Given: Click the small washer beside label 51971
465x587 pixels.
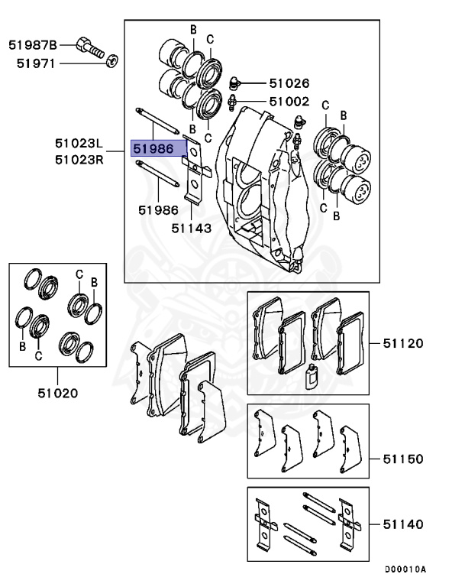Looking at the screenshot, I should point(113,61).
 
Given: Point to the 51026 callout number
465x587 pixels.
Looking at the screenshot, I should point(289,83).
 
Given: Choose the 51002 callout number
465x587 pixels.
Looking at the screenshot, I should point(289,101).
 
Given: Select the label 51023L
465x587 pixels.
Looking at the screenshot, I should point(79,144).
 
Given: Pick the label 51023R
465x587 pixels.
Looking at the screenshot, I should point(79,159).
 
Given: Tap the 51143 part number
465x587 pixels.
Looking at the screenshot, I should point(192,227).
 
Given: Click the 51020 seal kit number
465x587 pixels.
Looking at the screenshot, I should point(57,394).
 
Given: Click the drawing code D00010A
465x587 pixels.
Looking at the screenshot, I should point(405,569).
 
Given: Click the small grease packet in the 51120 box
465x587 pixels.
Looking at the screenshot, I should point(311,377).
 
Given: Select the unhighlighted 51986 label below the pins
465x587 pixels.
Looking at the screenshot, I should point(158,209).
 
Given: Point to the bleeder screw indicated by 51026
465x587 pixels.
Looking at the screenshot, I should point(236,81).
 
